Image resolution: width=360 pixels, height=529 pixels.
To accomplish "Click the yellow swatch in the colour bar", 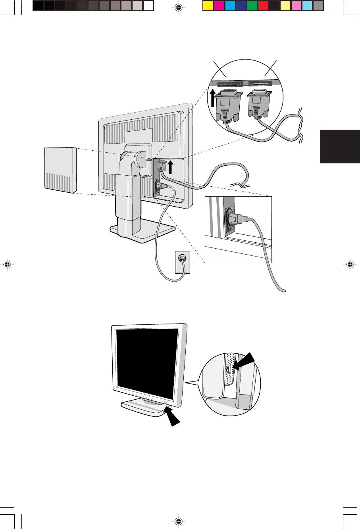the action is pos(208,6).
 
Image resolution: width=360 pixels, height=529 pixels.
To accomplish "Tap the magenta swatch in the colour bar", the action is pos(219,6).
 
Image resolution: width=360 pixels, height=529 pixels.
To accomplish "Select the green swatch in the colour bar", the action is pos(252,6).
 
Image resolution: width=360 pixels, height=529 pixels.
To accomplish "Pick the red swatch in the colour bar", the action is pos(263,6).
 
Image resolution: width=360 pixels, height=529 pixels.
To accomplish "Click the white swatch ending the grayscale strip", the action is pos(148,6).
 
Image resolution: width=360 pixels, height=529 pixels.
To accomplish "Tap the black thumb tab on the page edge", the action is pos(339,146).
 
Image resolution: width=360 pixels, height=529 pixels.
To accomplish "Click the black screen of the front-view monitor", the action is pos(146,364).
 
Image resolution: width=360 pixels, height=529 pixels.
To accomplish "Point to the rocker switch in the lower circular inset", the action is pos(228,369).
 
